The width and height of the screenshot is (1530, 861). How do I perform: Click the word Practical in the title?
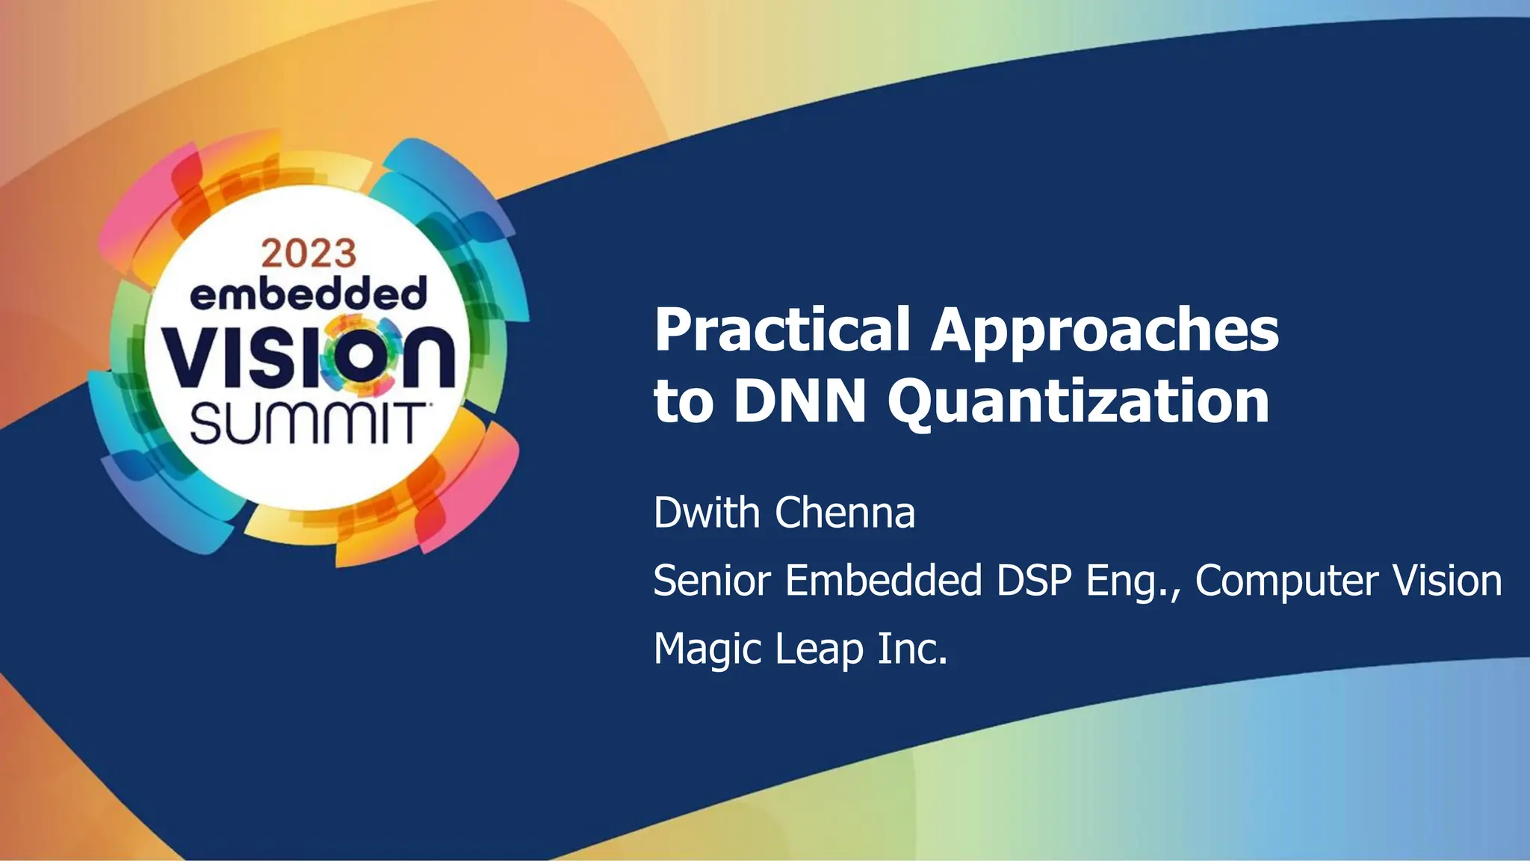point(781,330)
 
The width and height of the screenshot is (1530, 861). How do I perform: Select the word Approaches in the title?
point(1104,331)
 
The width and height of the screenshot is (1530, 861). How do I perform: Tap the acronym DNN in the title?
point(800,401)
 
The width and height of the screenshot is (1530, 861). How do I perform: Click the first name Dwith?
point(706,513)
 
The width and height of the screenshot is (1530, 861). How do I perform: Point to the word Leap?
point(819,649)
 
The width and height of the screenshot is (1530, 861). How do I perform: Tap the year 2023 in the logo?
point(309,254)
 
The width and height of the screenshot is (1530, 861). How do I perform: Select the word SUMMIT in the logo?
point(307,424)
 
